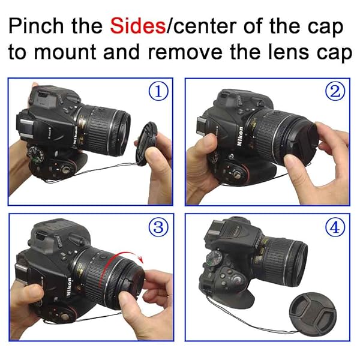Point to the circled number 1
pyautogui.click(x=158, y=92)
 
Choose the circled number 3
pyautogui.click(x=158, y=227)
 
